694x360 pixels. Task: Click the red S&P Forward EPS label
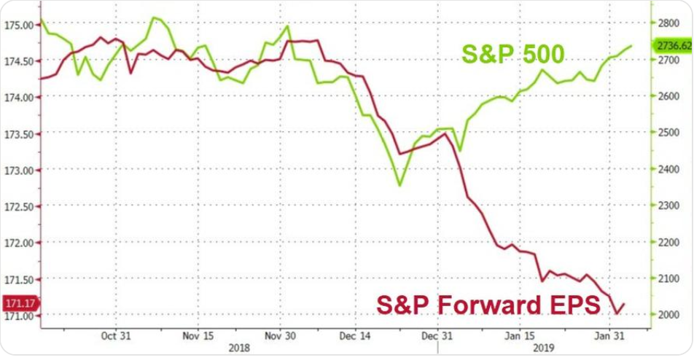click(488, 304)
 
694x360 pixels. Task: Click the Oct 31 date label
click(117, 336)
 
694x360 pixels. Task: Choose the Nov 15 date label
click(198, 336)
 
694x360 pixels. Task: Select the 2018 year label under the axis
click(238, 348)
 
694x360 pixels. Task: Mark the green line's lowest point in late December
click(399, 185)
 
